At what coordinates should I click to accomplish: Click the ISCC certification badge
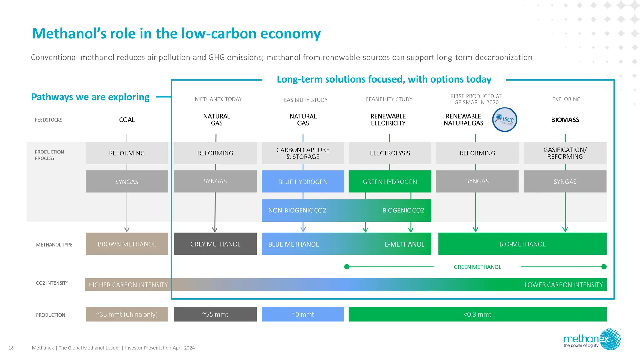click(504, 119)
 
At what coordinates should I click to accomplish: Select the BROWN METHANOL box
click(127, 244)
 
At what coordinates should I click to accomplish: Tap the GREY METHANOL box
click(215, 244)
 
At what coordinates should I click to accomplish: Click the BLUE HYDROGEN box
click(303, 182)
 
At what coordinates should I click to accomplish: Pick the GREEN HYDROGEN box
click(390, 182)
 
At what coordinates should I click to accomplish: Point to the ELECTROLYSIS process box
click(390, 153)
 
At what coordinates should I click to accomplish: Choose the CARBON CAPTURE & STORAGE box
click(303, 153)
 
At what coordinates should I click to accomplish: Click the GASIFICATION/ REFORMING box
click(565, 153)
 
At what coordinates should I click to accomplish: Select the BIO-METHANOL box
click(522, 244)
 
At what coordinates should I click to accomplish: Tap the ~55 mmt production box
click(215, 314)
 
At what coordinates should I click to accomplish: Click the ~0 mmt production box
click(303, 314)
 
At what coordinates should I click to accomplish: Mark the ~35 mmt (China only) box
click(127, 314)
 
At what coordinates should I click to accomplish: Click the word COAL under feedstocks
click(127, 120)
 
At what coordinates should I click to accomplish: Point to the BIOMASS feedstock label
click(565, 120)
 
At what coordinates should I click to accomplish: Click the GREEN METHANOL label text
click(477, 267)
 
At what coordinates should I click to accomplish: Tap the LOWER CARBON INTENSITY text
click(563, 285)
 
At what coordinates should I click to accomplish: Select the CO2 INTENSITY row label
click(52, 283)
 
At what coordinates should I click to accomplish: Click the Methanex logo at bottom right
click(592, 340)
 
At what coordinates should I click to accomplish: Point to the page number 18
click(11, 348)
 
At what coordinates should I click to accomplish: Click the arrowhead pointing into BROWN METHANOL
click(127, 229)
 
